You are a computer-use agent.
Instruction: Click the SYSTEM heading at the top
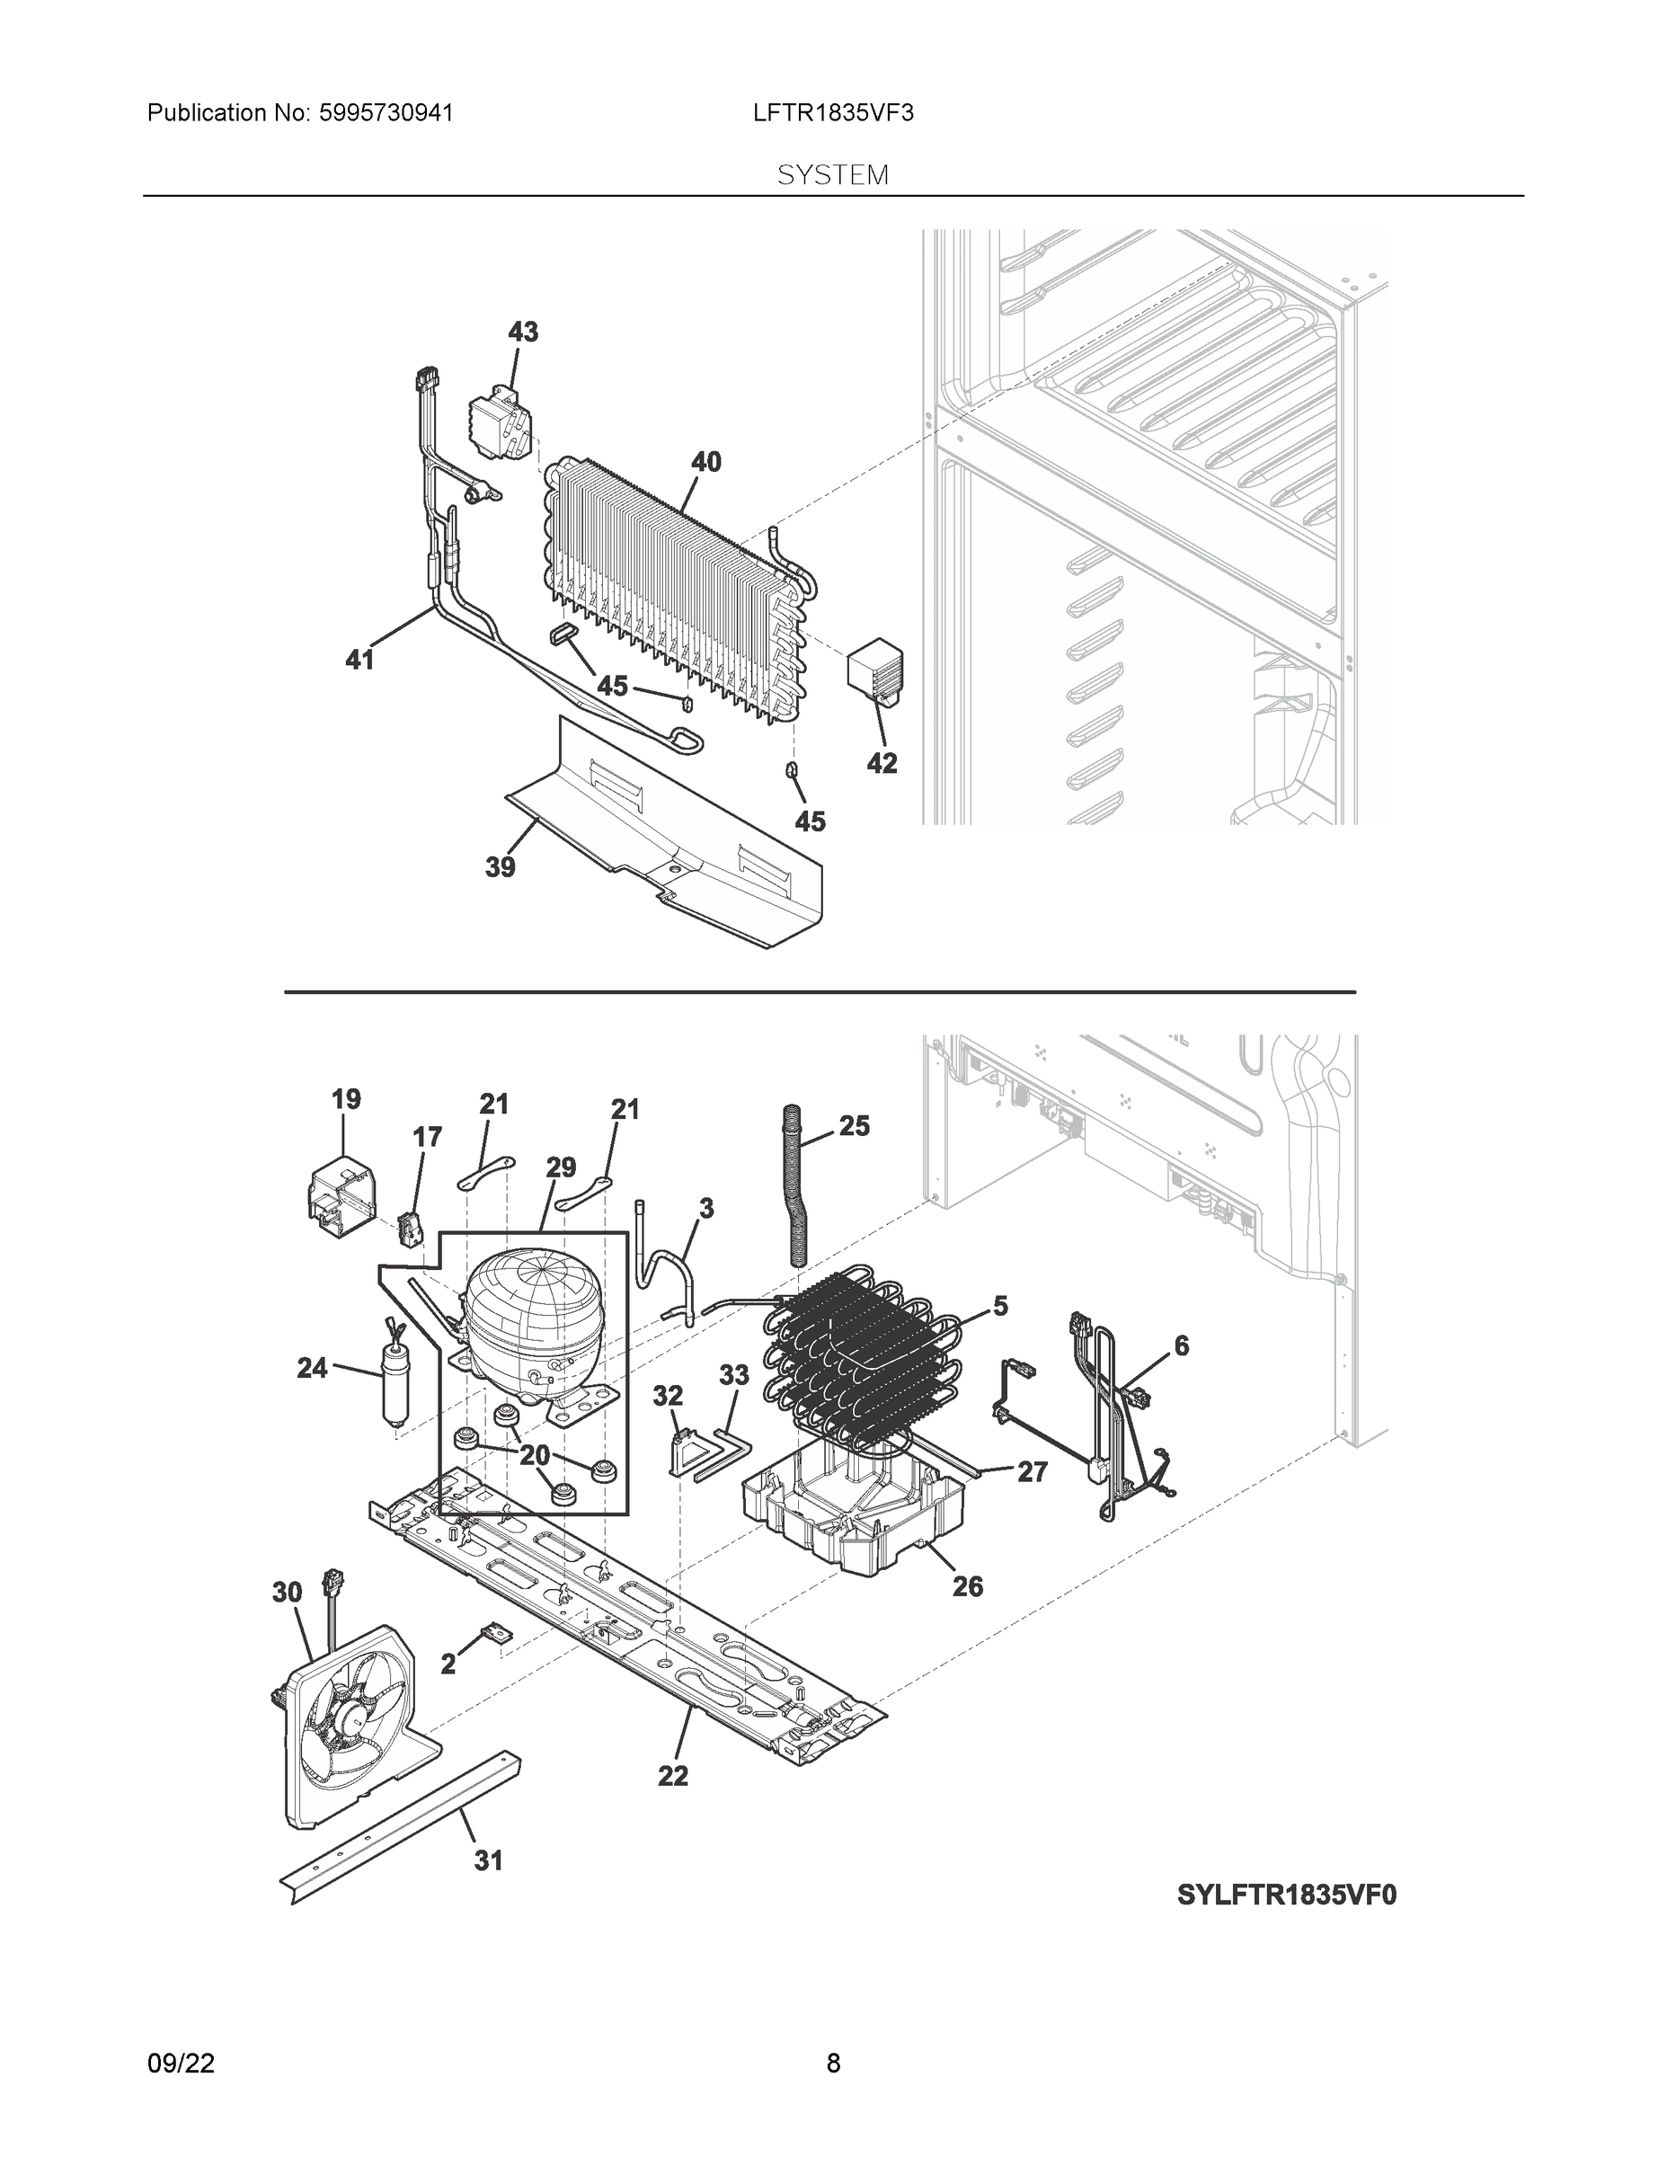tap(832, 176)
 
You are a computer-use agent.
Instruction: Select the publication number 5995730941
tap(386, 113)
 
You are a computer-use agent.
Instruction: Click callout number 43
tap(522, 332)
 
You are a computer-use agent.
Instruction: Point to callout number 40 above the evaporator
tap(705, 462)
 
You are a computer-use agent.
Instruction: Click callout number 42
tap(882, 762)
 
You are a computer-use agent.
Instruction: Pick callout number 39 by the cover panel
tap(500, 867)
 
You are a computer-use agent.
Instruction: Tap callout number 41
tap(359, 659)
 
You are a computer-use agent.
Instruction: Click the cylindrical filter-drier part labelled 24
tap(394, 1378)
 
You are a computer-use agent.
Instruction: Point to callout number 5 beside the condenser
tap(1000, 1307)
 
